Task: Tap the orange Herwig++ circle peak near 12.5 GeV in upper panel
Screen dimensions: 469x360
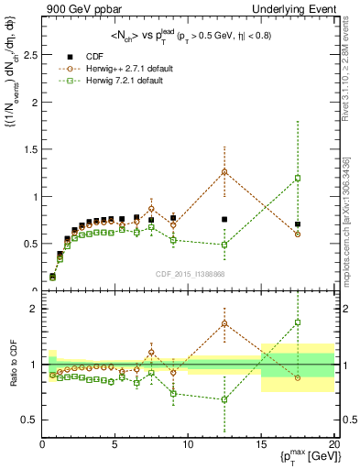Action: pos(224,171)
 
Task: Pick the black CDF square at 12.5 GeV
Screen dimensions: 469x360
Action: pos(224,219)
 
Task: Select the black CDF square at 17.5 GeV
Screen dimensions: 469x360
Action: pos(298,224)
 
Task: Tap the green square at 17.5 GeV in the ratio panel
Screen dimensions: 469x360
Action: pos(298,322)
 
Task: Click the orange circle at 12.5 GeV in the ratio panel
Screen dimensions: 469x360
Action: pos(224,323)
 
